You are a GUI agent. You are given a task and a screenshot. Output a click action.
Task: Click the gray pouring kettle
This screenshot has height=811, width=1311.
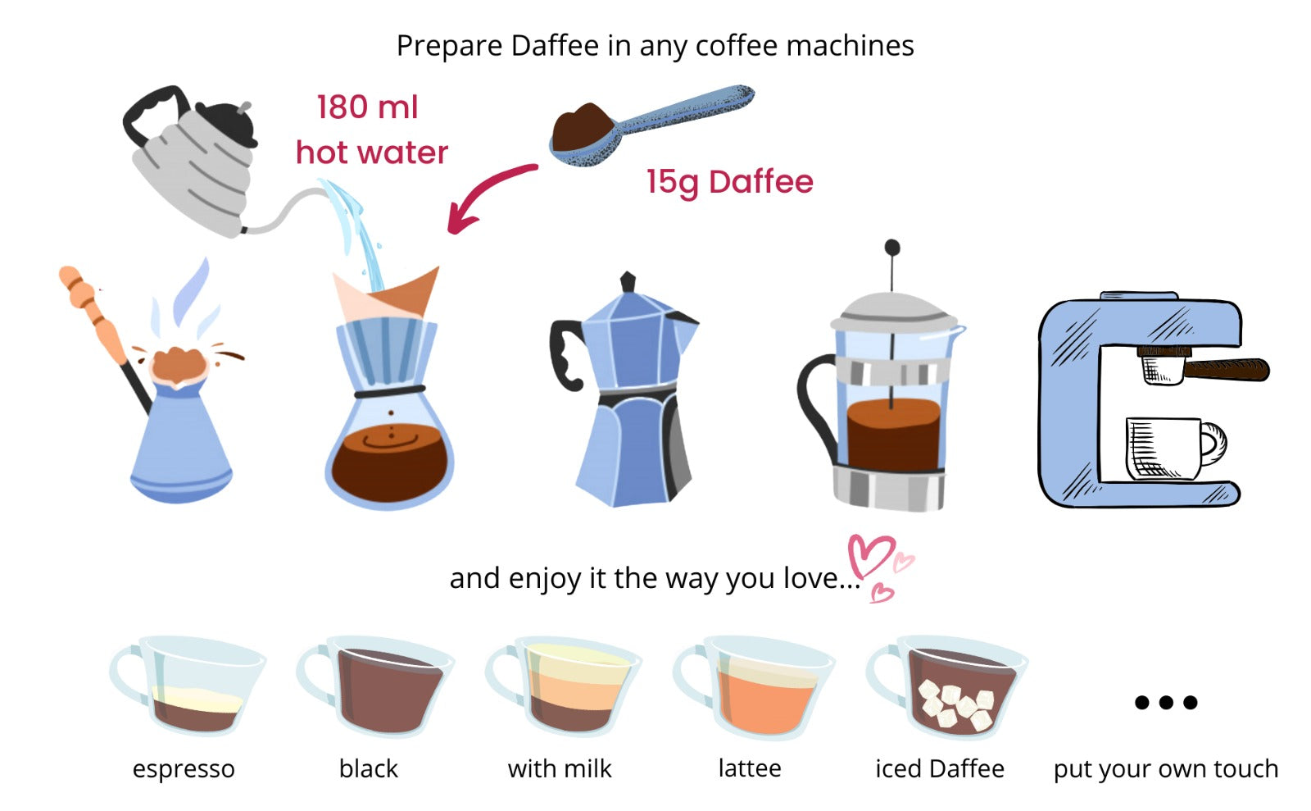(193, 160)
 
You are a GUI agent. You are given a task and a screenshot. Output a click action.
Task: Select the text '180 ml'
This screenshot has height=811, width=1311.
(367, 107)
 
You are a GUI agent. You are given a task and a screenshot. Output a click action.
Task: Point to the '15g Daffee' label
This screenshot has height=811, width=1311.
(729, 182)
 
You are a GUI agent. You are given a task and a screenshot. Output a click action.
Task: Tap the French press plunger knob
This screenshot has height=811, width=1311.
(892, 248)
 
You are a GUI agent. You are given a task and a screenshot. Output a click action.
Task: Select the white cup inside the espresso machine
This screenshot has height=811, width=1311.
(1168, 448)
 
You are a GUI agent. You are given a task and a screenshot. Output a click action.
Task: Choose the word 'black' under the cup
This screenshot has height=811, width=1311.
(369, 769)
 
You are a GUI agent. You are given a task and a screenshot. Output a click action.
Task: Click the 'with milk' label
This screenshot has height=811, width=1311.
(560, 769)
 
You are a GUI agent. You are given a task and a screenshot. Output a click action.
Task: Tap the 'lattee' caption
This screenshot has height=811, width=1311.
(750, 769)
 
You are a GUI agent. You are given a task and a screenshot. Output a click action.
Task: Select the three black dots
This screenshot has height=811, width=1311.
(1166, 702)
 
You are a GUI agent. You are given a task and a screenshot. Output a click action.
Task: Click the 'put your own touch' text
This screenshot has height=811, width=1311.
(1166, 769)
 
